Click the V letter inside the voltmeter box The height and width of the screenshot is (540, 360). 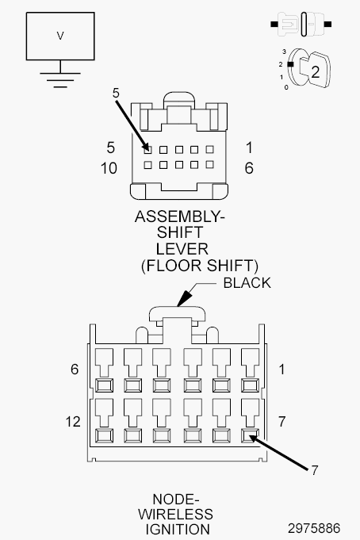pos(60,36)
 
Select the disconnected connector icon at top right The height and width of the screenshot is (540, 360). pos(301,24)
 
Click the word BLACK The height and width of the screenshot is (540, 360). pos(247,283)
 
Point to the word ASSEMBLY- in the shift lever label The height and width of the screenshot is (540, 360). pos(179,216)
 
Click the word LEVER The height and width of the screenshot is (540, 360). pos(182,249)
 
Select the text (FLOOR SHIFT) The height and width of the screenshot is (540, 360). pos(200,266)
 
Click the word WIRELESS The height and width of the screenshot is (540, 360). pos(176,514)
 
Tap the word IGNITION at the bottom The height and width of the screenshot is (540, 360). pos(178,530)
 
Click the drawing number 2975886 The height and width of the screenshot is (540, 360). pos(314,528)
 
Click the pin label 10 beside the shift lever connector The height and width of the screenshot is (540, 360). pos(109,168)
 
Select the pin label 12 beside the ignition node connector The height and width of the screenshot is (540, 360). pos(73,422)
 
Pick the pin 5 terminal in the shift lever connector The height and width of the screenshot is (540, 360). pos(147,149)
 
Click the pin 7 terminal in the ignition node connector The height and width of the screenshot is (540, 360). pos(250,435)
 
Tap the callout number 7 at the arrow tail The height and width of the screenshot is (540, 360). pos(315,470)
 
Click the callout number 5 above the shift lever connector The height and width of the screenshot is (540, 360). pos(116,93)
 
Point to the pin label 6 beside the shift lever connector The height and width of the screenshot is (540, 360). pos(249,168)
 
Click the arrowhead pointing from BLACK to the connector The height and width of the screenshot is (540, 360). pos(184,299)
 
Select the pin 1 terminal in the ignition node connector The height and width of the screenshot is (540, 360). pos(250,385)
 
